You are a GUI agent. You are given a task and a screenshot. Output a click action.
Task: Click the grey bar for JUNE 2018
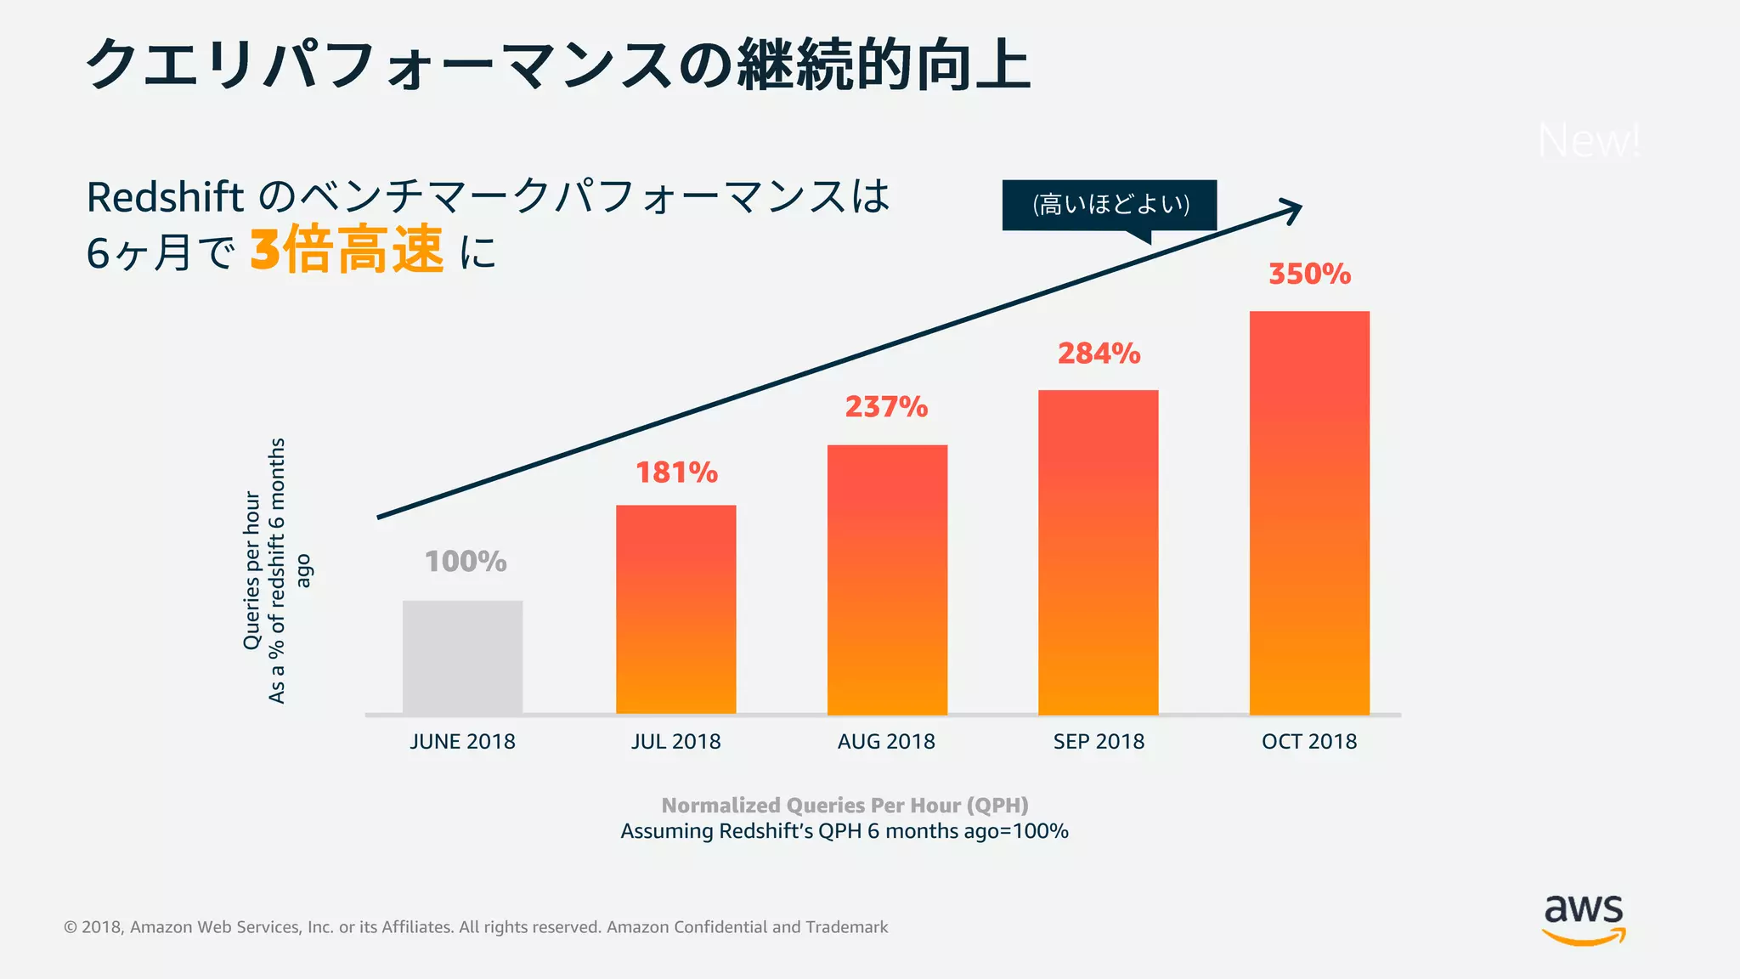462,657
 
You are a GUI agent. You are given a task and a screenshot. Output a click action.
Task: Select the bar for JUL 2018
675,609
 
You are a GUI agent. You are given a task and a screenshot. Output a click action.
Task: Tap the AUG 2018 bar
887,580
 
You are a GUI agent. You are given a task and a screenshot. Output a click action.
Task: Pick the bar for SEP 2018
1098,552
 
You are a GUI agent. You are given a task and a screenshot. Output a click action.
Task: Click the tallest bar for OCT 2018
1309,512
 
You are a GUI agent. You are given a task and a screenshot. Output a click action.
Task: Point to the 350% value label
1309,274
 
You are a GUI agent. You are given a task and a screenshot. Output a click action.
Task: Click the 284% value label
1099,354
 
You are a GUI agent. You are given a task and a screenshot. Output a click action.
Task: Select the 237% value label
886,407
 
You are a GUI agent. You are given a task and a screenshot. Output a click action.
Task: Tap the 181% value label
676,473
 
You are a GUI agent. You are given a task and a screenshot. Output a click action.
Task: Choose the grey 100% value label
466,562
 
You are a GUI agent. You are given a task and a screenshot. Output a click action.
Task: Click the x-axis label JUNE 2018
462,742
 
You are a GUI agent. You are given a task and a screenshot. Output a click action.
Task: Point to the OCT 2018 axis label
1309,742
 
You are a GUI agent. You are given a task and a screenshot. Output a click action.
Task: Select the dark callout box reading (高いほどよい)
1110,205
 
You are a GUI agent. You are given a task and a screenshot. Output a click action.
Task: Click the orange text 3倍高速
347,251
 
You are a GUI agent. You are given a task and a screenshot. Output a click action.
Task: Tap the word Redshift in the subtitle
165,197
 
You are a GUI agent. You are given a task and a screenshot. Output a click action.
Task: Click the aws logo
1584,920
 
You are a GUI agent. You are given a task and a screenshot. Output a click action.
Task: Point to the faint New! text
1589,140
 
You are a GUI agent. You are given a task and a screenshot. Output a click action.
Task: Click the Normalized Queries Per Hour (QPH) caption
845,805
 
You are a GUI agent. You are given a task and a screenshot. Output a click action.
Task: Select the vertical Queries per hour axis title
251,570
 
